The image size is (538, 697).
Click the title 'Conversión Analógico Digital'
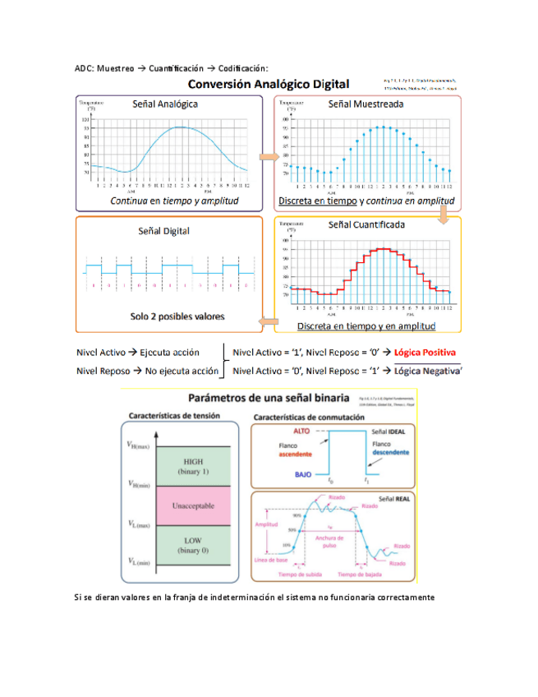coord(269,84)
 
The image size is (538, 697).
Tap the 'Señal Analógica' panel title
coord(165,104)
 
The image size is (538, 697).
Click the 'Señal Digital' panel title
coord(163,231)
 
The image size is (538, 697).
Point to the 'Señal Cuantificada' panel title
coord(365,224)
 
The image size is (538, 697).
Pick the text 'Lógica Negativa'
coord(426,371)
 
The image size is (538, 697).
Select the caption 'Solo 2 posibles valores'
coord(165,316)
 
